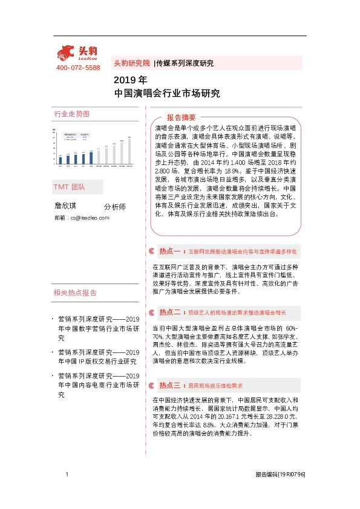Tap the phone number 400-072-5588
point(78,68)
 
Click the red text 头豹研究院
point(131,63)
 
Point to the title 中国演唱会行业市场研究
point(166,94)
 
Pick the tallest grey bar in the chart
point(129,149)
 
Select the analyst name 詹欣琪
point(67,206)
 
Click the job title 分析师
point(115,207)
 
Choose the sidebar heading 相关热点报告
point(75,293)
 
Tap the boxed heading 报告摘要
point(181,117)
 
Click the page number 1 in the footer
point(67,475)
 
